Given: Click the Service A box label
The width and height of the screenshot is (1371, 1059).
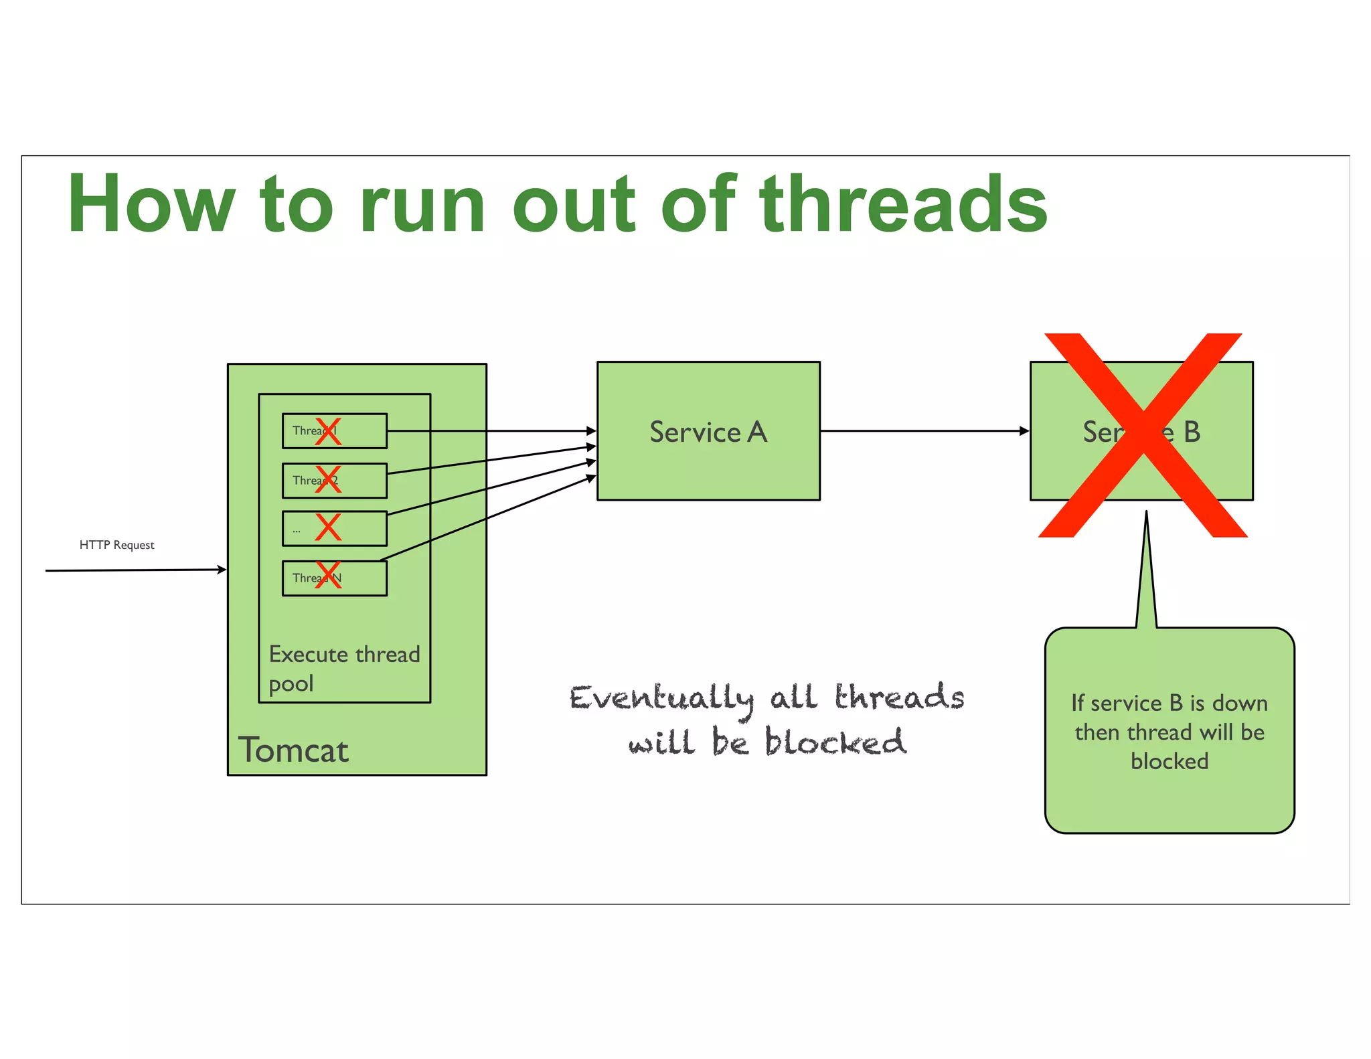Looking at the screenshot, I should click(x=708, y=432).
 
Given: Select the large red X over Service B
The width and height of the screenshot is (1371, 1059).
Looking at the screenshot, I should click(x=1142, y=435).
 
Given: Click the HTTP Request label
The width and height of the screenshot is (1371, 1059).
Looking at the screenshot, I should click(x=116, y=545).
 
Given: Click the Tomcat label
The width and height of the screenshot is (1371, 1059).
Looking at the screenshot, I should click(x=293, y=750).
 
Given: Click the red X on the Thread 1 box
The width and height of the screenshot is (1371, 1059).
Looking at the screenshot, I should click(x=328, y=431).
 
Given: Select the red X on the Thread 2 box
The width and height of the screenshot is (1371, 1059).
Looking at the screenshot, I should click(x=328, y=479).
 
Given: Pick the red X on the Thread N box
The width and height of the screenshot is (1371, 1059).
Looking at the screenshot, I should click(x=328, y=575).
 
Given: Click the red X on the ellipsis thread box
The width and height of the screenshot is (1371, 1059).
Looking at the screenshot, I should click(x=328, y=527).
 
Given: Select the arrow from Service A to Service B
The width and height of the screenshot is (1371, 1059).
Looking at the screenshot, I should click(x=924, y=431).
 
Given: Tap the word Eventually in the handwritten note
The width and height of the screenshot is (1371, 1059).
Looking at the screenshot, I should click(x=661, y=699).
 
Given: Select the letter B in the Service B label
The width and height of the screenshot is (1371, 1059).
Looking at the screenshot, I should click(x=1192, y=432).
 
